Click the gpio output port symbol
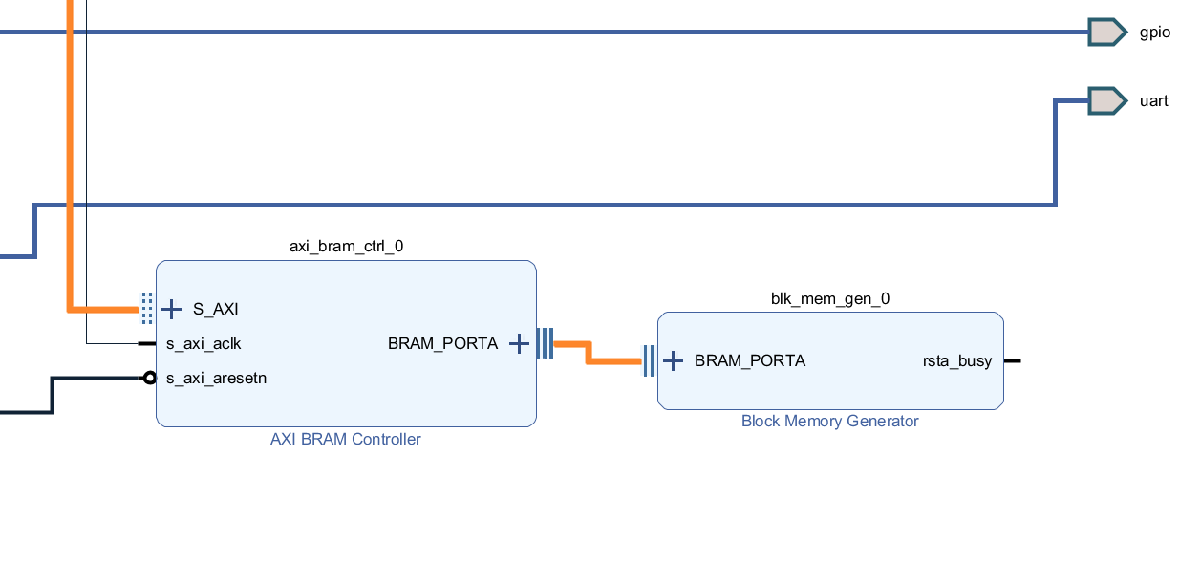(x=1106, y=32)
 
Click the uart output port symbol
(x=1106, y=100)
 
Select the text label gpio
(x=1154, y=33)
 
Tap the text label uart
(x=1153, y=101)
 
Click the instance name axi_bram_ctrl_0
(x=346, y=246)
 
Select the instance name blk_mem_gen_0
(x=829, y=298)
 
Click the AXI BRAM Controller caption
(x=346, y=440)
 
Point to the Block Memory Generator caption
(x=829, y=422)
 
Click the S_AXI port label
(x=215, y=309)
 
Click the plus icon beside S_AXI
(x=171, y=309)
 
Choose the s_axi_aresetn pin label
(x=216, y=378)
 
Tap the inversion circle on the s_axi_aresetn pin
(x=149, y=378)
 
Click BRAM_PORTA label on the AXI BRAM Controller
(x=442, y=343)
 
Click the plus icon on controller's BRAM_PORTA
(x=518, y=343)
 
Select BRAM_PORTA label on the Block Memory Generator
(x=749, y=360)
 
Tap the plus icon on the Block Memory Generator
(x=673, y=360)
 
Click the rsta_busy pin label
(x=956, y=360)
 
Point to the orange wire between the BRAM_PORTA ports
(x=611, y=360)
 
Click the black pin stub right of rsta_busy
(x=1013, y=360)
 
